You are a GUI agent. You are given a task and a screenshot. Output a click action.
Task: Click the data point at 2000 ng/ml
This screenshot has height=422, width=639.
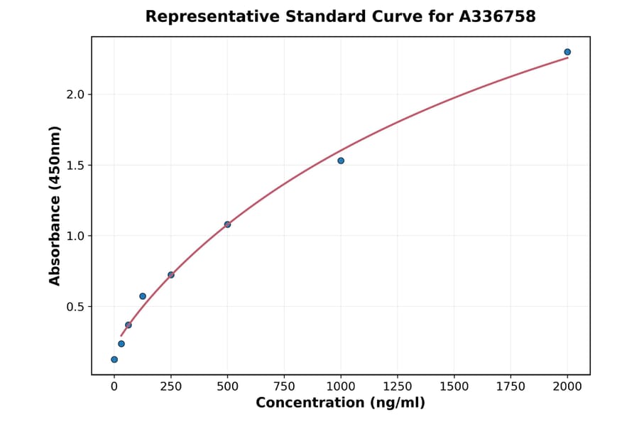(x=567, y=52)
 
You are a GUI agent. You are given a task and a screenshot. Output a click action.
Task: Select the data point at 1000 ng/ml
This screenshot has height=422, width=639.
(x=341, y=161)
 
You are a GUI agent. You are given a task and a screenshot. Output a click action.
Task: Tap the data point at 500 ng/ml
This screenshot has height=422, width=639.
(x=227, y=224)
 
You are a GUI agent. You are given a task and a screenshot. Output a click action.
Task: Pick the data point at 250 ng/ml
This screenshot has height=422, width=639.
(x=171, y=275)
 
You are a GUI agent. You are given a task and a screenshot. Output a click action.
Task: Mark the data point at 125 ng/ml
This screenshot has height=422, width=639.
(x=143, y=296)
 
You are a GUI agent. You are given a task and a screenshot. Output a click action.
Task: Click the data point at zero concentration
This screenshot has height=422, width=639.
(x=114, y=359)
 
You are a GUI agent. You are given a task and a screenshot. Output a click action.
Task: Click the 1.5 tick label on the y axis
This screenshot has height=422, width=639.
(x=75, y=166)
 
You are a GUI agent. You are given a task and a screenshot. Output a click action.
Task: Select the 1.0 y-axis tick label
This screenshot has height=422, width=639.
(x=75, y=236)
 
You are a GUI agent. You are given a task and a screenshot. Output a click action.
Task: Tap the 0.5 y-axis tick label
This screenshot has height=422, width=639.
(x=75, y=307)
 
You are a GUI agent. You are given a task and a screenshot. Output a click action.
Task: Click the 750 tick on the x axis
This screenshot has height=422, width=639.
(x=284, y=386)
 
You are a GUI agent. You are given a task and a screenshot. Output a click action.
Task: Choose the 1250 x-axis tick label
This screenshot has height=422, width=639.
(x=398, y=386)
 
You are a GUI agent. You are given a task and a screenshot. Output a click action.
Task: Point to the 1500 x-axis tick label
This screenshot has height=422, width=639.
(x=454, y=386)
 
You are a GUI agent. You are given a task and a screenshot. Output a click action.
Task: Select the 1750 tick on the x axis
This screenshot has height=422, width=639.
(x=510, y=386)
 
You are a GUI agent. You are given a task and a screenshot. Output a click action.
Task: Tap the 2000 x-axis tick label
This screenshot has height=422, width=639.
(x=567, y=386)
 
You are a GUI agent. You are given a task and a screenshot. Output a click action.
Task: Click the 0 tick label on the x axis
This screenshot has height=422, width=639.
(x=114, y=386)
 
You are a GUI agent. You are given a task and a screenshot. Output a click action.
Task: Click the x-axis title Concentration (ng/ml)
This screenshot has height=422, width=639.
(x=340, y=404)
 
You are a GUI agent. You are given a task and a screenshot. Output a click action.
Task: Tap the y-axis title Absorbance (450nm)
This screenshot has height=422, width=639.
(x=55, y=205)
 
